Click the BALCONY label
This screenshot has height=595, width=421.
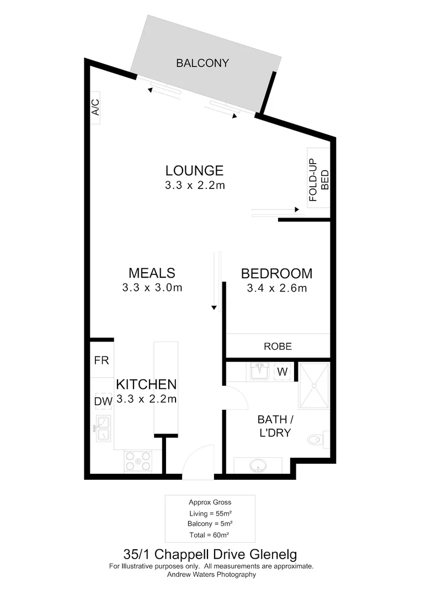[202, 63]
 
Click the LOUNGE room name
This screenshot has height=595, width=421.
[195, 171]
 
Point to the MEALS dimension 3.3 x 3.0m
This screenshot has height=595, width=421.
[152, 287]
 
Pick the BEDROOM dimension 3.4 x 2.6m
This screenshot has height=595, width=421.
[276, 288]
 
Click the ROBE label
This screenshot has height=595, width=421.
[278, 347]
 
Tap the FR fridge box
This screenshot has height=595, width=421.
[102, 361]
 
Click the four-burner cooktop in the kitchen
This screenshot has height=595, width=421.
[138, 461]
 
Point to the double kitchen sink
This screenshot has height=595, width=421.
[103, 429]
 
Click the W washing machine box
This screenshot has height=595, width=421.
[282, 372]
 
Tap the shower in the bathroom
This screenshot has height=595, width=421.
[314, 386]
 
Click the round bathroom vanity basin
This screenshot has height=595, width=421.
[258, 467]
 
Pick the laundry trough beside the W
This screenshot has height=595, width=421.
[259, 372]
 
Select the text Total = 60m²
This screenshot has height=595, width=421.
[210, 534]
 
